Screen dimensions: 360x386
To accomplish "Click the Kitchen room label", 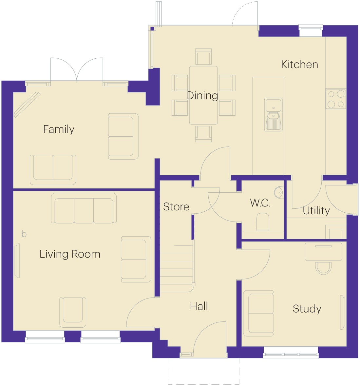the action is coord(299,65).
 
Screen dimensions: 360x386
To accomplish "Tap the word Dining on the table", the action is coord(202,95).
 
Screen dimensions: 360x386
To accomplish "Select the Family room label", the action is coord(59,129).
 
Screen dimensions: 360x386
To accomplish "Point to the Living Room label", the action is coord(70,254).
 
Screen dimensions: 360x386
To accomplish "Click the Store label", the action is coord(176,207).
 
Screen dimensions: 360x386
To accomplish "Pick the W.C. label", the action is coord(260,203).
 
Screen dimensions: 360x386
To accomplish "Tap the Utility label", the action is coord(316,211).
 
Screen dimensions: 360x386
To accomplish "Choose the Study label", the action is coord(307,309).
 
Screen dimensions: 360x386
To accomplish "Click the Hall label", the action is coord(199,306).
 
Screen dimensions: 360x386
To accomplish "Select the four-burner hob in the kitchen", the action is coord(336,99).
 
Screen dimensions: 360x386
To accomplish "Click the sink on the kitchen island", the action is coord(274,114).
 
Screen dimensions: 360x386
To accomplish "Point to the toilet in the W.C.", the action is coord(263,222).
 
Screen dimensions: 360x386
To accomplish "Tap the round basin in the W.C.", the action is coord(279,192).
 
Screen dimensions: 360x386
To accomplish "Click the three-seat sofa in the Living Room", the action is coord(84,208).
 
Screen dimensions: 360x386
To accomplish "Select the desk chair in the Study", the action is coord(323,268).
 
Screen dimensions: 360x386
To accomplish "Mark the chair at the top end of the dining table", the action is coord(203,57).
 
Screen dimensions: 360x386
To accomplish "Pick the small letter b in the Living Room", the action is coord(24,234).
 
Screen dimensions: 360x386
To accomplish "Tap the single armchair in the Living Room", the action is coord(73,312).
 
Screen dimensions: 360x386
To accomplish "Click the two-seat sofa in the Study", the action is coord(258,313).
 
